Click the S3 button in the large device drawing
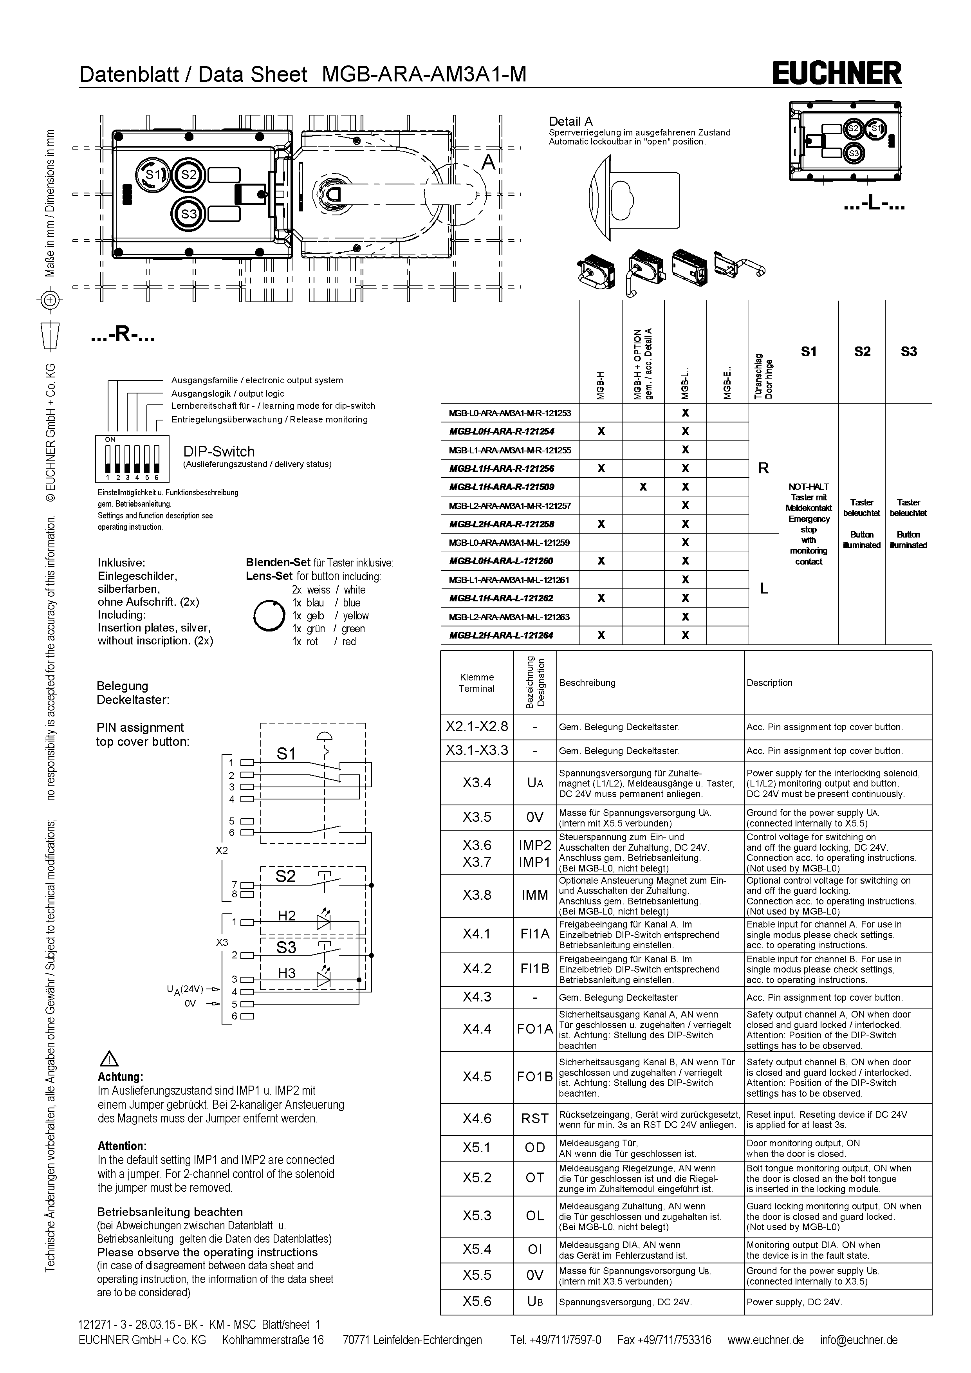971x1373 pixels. coord(189,213)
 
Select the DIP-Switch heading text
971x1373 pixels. coord(219,451)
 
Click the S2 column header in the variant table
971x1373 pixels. coord(862,352)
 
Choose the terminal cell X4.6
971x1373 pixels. coord(476,1118)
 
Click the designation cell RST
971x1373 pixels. coord(534,1118)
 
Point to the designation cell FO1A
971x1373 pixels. coord(534,1028)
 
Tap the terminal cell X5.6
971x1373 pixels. coord(476,1301)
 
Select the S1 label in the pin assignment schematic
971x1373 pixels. coord(286,754)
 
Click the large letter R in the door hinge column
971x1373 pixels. coord(763,468)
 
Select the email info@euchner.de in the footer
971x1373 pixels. coord(859,1339)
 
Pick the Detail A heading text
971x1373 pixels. coord(570,121)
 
